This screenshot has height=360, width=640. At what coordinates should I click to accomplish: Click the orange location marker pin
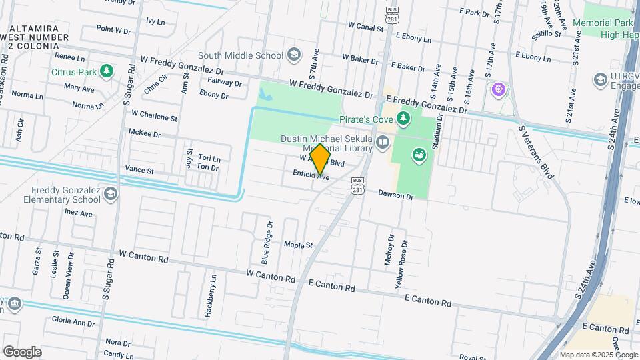320,159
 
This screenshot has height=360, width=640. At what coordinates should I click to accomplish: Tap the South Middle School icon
293,55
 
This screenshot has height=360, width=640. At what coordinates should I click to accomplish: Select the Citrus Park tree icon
106,71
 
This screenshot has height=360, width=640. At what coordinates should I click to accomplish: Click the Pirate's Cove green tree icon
403,119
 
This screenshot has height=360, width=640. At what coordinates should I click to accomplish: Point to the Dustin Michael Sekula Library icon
383,141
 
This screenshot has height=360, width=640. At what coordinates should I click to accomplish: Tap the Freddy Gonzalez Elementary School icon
110,193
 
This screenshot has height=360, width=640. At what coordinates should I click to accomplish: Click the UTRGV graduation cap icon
599,80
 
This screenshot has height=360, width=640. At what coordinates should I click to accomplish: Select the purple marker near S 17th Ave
497,89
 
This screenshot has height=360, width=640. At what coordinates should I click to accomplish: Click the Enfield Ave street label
311,175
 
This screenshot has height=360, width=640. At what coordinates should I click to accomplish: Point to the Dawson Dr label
396,196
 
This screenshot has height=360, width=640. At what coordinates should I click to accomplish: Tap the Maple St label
298,245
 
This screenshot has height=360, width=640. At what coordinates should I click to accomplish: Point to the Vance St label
140,171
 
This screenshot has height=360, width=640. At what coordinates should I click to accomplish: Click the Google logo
22,352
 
